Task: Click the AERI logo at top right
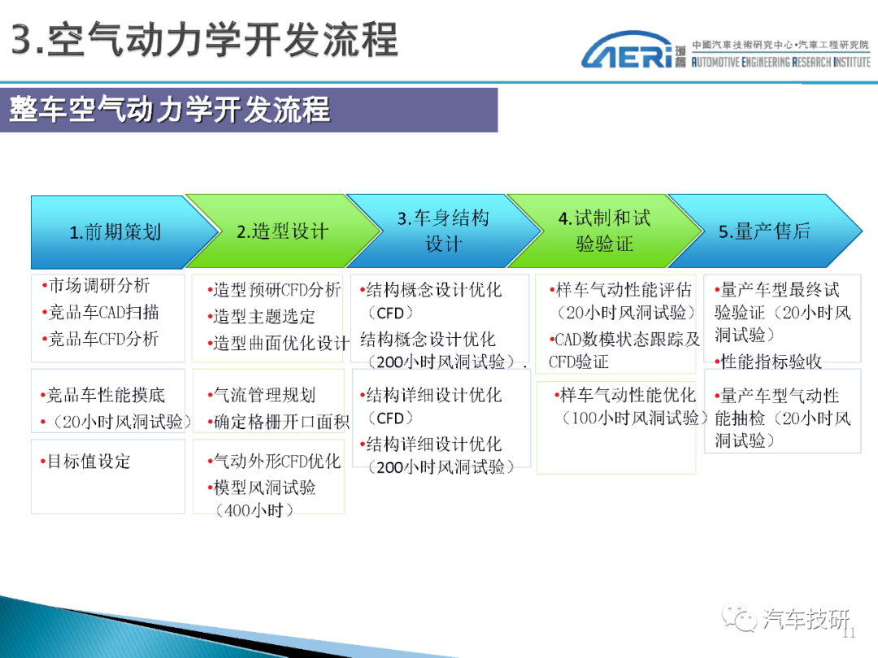pyautogui.click(x=627, y=50)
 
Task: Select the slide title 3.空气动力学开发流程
pyautogui.click(x=205, y=40)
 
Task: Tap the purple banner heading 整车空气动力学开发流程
pyautogui.click(x=170, y=109)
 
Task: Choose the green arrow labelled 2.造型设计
pyautogui.click(x=283, y=231)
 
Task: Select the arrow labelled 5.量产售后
pyautogui.click(x=765, y=231)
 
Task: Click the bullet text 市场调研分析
pyautogui.click(x=96, y=286)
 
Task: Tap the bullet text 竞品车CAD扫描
pyautogui.click(x=101, y=312)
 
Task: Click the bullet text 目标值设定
pyautogui.click(x=85, y=461)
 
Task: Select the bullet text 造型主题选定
pyautogui.click(x=261, y=317)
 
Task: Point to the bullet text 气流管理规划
pyautogui.click(x=262, y=396)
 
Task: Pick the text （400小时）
pyautogui.click(x=254, y=510)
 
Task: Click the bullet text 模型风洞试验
pyautogui.click(x=262, y=488)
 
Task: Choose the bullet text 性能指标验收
pyautogui.click(x=767, y=362)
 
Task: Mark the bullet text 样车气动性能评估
pyautogui.click(x=620, y=290)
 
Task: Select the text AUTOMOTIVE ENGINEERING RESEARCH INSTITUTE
pyautogui.click(x=781, y=62)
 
